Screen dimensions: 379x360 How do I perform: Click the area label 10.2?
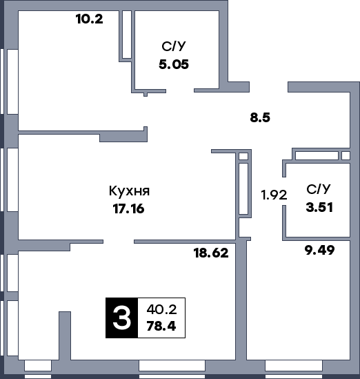pos(90,19)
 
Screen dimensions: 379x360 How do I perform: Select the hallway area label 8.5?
pos(260,117)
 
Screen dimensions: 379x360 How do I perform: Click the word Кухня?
pos(130,191)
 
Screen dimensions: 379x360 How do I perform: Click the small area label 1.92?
pos(273,195)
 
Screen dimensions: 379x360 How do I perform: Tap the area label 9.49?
pos(319,251)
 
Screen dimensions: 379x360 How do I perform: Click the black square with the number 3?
pos(121,318)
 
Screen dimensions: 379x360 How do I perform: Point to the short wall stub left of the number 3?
pos(65,335)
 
